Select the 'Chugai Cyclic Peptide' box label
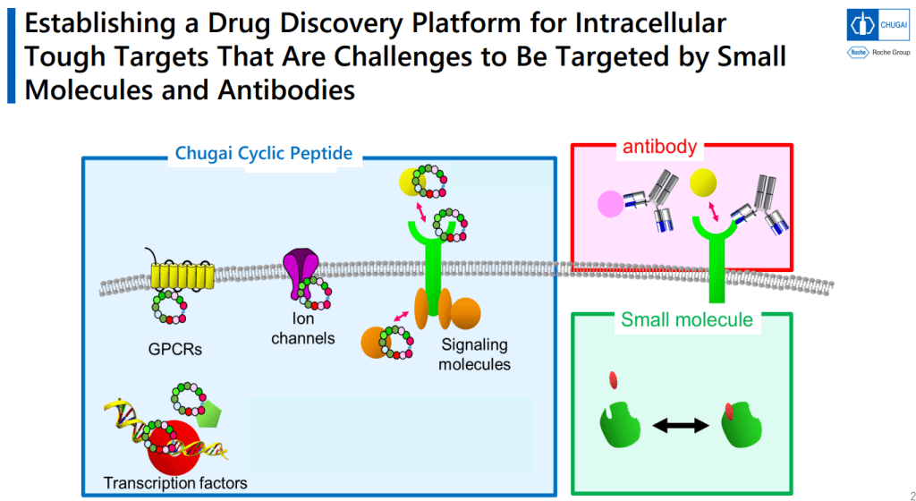264,154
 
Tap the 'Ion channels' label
302,328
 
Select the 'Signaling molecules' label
474,354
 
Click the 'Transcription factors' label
175,483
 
